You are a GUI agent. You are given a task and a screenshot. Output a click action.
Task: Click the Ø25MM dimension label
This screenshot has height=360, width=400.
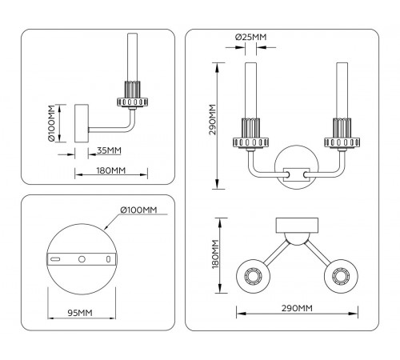(250, 37)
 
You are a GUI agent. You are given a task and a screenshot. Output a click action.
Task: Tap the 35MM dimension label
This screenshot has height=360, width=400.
(109, 150)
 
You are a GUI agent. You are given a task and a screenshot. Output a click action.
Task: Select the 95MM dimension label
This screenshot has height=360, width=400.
(80, 313)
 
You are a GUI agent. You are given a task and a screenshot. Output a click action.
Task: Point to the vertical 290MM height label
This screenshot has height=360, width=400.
(212, 119)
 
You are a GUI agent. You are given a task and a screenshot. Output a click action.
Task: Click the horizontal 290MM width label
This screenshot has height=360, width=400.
(297, 308)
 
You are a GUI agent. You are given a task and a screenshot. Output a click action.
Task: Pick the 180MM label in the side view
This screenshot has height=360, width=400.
(111, 170)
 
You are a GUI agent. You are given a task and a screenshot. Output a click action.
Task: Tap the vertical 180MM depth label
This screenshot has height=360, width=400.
(215, 254)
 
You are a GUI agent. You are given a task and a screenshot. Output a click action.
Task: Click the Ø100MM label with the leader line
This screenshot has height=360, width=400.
(138, 210)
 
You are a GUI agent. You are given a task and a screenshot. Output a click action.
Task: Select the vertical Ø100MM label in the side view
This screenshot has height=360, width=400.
(50, 123)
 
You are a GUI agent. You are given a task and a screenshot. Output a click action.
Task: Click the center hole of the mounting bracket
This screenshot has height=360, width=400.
(82, 259)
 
